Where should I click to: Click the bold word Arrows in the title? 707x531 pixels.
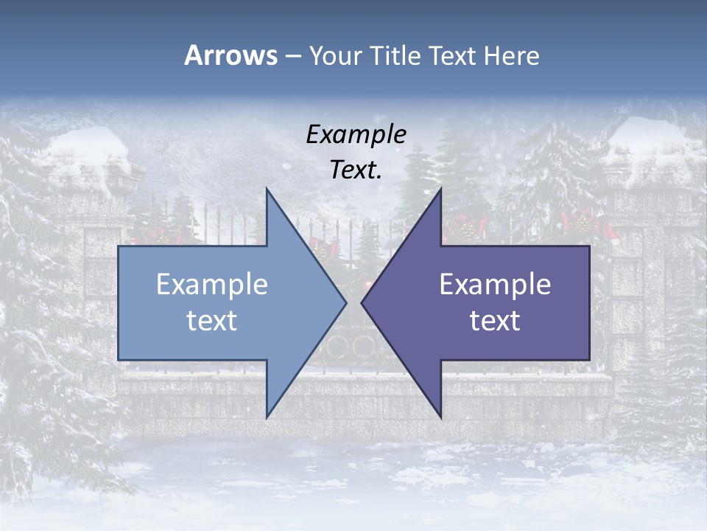point(231,55)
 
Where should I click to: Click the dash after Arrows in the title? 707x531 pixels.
point(292,56)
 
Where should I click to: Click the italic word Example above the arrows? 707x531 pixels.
point(356,134)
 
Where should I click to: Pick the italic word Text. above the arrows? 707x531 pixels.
point(356,170)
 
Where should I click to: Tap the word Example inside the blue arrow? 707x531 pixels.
point(212,284)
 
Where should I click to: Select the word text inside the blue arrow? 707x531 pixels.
point(212,320)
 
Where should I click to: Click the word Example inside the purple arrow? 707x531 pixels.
point(495,284)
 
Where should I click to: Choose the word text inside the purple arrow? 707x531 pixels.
point(495,320)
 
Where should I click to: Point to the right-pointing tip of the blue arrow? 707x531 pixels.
point(345,302)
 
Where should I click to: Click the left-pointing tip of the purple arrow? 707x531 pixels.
point(362,302)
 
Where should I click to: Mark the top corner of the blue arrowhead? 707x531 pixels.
point(267,189)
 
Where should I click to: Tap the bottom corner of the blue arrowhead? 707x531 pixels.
point(267,417)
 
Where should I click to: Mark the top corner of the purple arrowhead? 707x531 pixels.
point(440,189)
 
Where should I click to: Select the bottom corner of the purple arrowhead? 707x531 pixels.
point(440,417)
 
